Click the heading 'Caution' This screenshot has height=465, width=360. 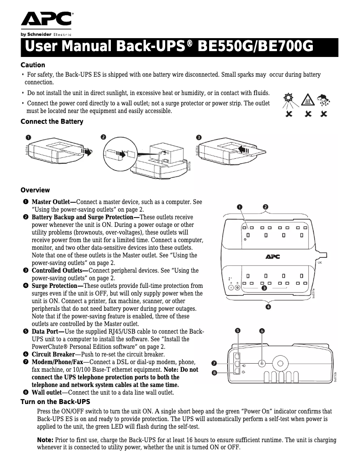pos(33,65)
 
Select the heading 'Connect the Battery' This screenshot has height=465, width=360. pos(52,122)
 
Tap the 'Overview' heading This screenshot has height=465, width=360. pos(35,190)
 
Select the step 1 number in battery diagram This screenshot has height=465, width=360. pos(28,137)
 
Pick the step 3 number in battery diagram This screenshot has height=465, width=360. pos(198,137)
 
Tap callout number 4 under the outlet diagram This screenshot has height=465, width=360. pos(268,307)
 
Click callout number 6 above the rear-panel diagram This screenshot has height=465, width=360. pos(262,331)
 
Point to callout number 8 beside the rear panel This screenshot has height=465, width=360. pos(215,372)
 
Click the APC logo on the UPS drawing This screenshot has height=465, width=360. pos(272,256)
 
